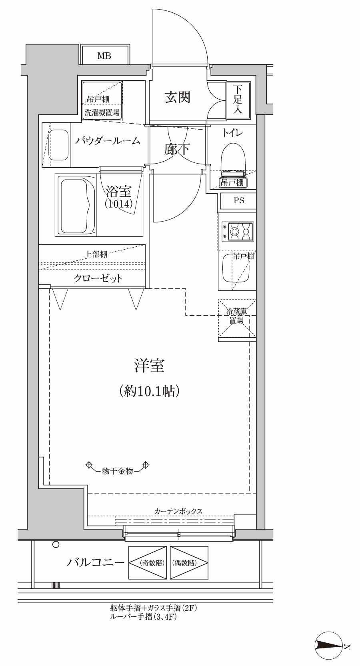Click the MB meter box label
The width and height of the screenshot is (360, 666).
tap(104, 56)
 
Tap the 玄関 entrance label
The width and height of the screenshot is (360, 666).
tap(178, 97)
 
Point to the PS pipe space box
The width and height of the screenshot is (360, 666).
tap(238, 201)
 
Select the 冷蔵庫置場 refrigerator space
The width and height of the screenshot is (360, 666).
tap(237, 318)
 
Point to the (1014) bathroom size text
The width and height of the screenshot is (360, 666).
tap(118, 204)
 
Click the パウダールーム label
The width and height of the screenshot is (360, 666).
tap(107, 141)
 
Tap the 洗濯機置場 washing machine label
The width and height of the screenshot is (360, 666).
tap(102, 113)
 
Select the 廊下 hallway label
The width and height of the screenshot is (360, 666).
tap(177, 150)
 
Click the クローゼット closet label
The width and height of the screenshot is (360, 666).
tap(98, 278)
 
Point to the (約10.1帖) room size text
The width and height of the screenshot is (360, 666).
tap(149, 391)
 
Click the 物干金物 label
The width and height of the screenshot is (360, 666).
tap(118, 471)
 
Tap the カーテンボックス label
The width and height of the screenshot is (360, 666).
tap(178, 511)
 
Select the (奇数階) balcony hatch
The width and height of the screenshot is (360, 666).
tap(148, 563)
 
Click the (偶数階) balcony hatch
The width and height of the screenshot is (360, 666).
tap(189, 563)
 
